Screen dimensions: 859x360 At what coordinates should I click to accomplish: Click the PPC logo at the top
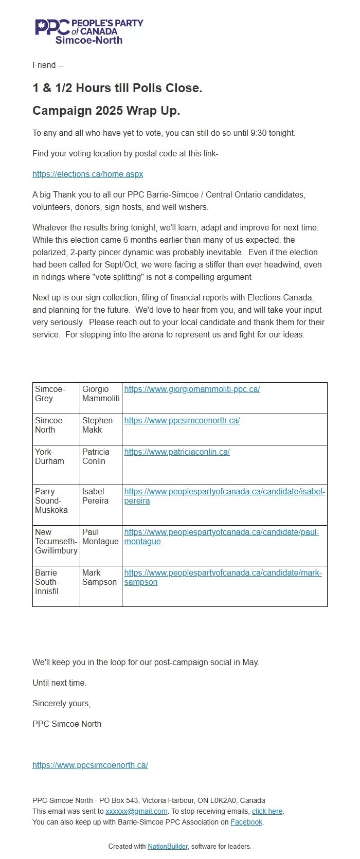pos(88,31)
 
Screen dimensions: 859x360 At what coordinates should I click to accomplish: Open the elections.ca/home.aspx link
pos(87,174)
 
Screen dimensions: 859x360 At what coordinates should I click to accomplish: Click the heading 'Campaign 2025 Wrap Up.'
pos(106,111)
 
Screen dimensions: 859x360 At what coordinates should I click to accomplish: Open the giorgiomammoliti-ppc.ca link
pos(192,389)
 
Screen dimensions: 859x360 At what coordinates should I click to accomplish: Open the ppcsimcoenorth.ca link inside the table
pos(182,421)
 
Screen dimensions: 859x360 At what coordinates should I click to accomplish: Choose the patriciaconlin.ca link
pos(177,452)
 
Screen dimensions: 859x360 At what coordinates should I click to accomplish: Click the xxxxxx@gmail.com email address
pos(136,811)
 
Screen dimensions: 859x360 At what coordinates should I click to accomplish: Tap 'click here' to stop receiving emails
pos(267,811)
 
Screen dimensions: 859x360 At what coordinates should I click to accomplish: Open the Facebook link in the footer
pos(246,822)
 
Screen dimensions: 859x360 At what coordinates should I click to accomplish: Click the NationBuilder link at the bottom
pos(167,846)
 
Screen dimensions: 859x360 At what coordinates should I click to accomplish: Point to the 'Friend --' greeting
pos(48,65)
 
